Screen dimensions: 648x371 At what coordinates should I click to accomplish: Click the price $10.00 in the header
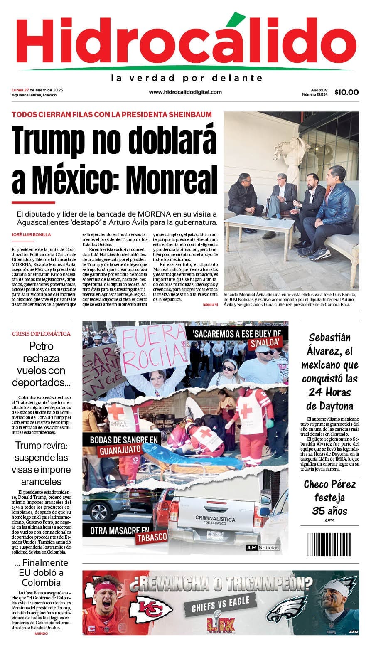click(x=346, y=92)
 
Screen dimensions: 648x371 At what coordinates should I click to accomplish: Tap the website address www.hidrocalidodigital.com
click(x=185, y=92)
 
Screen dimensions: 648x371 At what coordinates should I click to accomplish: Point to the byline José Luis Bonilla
click(x=32, y=235)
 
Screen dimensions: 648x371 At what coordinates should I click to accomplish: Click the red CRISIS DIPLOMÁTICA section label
click(x=41, y=334)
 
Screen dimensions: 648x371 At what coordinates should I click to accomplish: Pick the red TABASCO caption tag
click(x=152, y=537)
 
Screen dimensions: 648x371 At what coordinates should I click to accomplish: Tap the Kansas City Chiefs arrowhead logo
click(x=150, y=610)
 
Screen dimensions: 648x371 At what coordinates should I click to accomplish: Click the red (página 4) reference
click(x=210, y=305)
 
